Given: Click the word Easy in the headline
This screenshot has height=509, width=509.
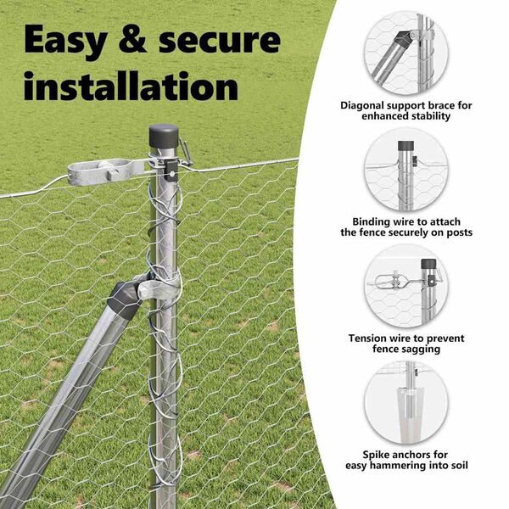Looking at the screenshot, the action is click(65, 41).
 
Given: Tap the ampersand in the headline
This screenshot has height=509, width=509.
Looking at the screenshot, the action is click(132, 39).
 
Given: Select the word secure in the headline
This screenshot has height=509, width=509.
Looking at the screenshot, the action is click(220, 41).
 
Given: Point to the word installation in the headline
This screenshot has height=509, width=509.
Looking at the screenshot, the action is click(131, 86).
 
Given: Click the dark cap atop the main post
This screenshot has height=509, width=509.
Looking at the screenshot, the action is click(164, 136).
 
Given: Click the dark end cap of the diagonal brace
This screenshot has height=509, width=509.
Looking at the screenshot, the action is click(126, 299).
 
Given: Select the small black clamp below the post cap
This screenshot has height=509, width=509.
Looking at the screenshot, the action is click(171, 171).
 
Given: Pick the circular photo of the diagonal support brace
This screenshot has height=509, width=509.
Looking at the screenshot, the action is click(406, 53).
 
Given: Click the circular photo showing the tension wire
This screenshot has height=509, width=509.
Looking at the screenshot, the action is click(406, 286).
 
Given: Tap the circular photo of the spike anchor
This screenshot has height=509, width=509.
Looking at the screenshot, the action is click(406, 402).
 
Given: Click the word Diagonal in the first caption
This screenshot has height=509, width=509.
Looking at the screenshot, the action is click(361, 105).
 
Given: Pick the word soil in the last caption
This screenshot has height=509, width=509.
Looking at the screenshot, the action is click(459, 465).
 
